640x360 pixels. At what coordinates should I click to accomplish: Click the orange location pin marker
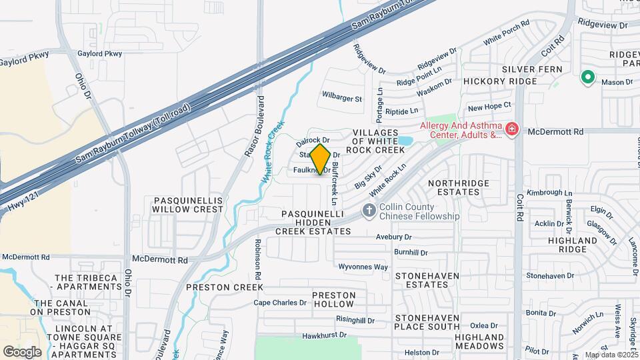(320, 159)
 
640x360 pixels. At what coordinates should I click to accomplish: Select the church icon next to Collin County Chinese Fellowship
(368, 211)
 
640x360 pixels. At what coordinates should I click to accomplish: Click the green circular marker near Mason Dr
(587, 77)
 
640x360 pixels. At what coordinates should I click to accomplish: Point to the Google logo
(22, 351)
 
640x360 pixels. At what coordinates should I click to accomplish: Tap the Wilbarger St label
(342, 99)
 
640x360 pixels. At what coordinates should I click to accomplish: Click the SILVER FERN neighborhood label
(532, 69)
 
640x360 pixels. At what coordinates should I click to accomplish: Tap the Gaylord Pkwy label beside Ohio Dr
(100, 53)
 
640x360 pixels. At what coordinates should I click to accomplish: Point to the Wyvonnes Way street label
(363, 267)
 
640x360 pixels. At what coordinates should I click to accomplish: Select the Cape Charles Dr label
(280, 302)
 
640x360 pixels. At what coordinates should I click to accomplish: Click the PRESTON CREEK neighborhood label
(225, 287)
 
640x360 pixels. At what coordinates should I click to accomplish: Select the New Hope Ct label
(489, 106)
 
